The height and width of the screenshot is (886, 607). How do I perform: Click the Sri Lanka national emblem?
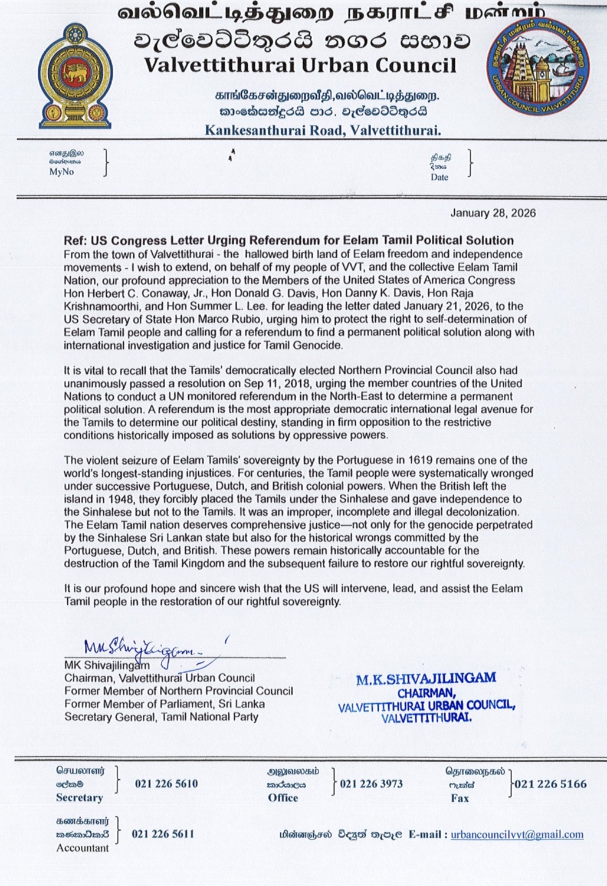tap(75, 76)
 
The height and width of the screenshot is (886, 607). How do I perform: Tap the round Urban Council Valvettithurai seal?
tap(537, 71)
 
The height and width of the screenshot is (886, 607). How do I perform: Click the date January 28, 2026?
tap(493, 213)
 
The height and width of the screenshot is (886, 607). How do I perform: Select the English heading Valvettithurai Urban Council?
tap(300, 65)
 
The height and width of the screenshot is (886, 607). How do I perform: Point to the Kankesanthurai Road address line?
tap(323, 130)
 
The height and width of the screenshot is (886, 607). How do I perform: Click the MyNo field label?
tap(61, 172)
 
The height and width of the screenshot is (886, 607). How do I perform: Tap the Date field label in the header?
tap(439, 177)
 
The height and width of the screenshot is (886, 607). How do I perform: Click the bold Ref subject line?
tap(288, 241)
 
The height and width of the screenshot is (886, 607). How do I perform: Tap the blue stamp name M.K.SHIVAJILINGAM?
tap(425, 679)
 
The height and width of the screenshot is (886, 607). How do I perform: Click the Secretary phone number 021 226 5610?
tap(166, 784)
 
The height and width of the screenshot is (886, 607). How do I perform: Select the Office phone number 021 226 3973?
tap(371, 784)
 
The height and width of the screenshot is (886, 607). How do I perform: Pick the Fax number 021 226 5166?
tap(550, 784)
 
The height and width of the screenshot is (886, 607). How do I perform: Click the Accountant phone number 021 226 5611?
tap(163, 834)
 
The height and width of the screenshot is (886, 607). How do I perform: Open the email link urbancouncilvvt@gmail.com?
tap(517, 835)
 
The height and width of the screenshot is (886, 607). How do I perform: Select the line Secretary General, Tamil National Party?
tap(161, 717)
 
